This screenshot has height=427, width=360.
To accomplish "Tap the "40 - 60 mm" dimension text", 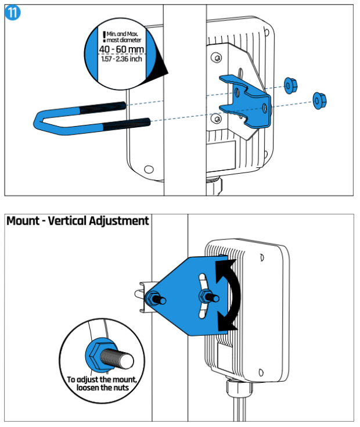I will point(121,51).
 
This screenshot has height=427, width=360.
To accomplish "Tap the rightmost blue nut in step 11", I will point(319,101).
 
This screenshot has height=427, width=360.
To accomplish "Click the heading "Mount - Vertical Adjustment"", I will point(77,221).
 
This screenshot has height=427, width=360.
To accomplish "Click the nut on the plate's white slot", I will point(206,298).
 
